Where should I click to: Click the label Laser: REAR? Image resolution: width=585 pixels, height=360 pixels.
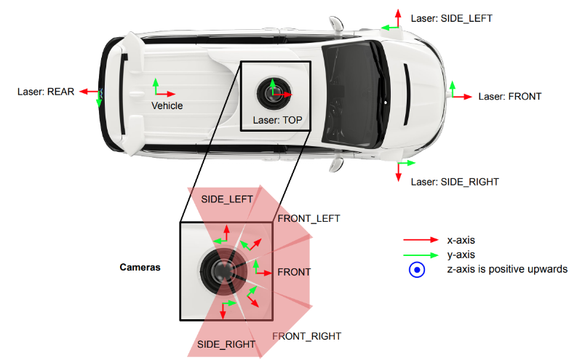[46, 92]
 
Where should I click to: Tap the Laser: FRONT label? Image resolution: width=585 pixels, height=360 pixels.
[509, 96]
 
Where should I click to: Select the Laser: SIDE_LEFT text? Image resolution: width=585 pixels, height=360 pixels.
[452, 18]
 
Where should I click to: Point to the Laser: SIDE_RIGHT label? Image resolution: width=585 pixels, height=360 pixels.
[455, 182]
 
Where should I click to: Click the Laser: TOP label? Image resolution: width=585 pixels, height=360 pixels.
[276, 119]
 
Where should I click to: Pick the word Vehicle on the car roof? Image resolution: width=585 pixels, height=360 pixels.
[167, 105]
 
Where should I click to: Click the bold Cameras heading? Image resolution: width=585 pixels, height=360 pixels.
[140, 267]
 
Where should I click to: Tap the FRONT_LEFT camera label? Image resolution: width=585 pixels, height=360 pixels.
[308, 218]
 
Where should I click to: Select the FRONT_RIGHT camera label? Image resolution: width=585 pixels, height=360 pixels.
[306, 336]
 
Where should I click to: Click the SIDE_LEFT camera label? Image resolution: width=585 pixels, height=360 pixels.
[227, 199]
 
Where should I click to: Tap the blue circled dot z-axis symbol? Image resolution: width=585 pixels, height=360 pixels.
[416, 270]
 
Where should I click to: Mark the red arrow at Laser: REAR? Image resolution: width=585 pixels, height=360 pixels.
[89, 92]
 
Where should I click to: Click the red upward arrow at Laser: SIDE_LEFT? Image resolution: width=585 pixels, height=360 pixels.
[397, 17]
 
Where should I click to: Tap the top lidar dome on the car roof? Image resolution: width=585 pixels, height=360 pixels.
[274, 90]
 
